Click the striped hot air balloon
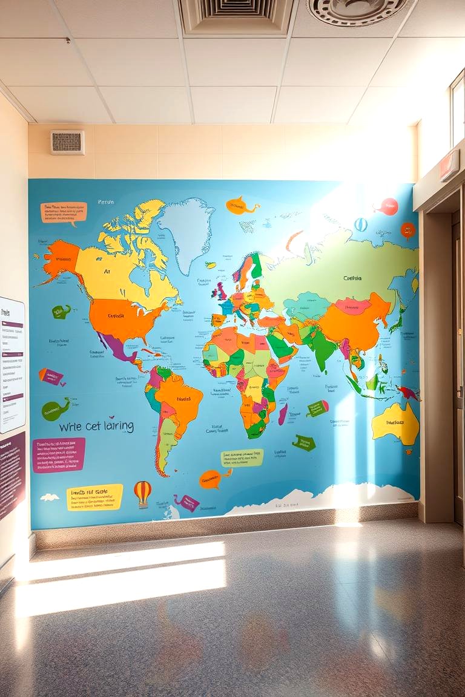[142, 492]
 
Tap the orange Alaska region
[61, 257]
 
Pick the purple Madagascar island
[282, 414]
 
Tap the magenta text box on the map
[59, 454]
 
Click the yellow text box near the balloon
[94, 497]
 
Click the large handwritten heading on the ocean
[96, 427]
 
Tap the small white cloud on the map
[50, 497]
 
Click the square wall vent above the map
[67, 143]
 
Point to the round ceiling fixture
[357, 10]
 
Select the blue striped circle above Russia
[360, 224]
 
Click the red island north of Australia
[408, 393]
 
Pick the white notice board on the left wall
[12, 363]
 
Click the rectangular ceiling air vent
[237, 15]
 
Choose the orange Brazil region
[179, 399]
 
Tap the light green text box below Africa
[242, 457]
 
